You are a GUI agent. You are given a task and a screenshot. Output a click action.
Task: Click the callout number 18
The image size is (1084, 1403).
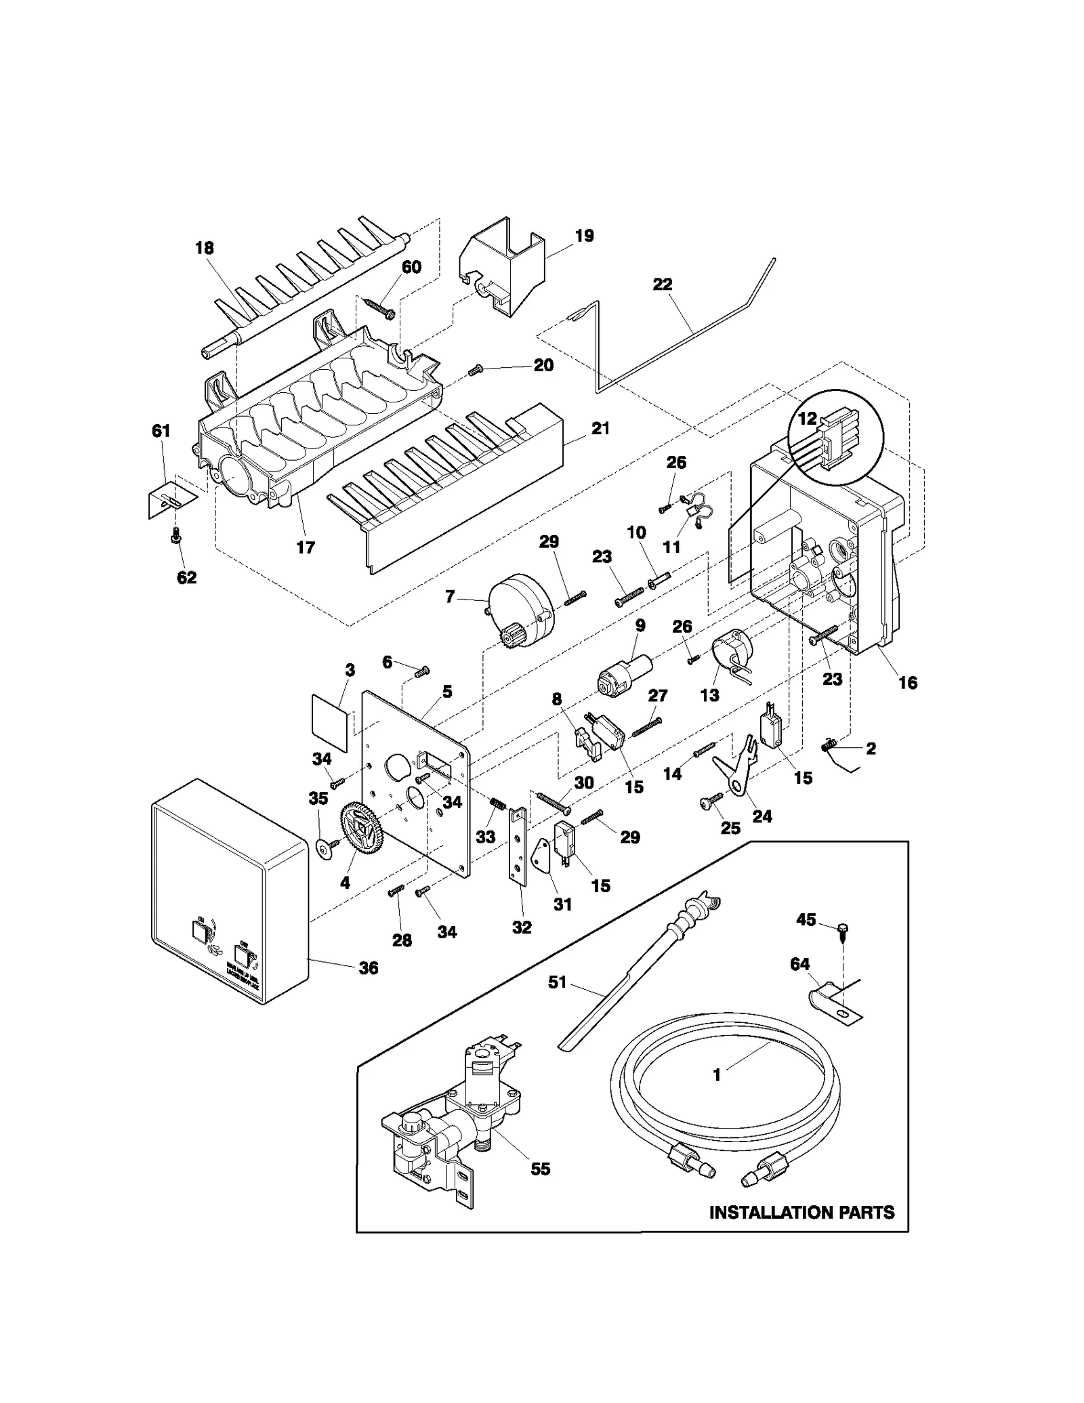click(204, 248)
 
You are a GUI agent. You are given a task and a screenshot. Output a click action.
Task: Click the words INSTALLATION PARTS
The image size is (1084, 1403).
click(801, 1212)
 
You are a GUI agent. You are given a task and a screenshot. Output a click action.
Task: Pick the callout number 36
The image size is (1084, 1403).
click(368, 968)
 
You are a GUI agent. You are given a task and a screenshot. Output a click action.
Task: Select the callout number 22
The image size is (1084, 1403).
click(662, 285)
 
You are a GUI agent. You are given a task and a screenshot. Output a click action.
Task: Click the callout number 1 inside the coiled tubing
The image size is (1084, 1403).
click(717, 1075)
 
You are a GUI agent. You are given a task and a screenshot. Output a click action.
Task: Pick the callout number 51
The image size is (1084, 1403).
click(557, 982)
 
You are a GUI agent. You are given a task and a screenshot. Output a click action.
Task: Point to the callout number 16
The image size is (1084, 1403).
click(908, 682)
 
